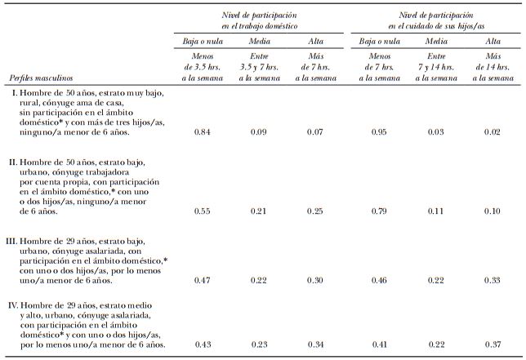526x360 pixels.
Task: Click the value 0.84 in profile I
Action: point(203,131)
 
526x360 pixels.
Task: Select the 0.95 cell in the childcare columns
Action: point(375,131)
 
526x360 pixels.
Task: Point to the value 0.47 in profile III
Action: point(203,280)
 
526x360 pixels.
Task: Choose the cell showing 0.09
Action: point(259,131)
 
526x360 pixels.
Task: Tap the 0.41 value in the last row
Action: point(375,344)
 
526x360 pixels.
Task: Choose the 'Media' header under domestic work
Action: point(259,41)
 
